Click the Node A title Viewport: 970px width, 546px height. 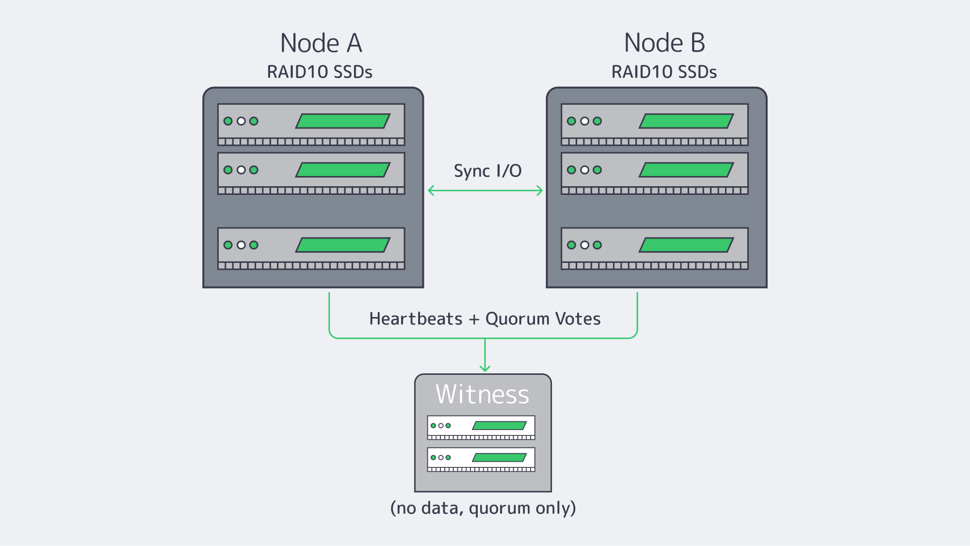(x=321, y=43)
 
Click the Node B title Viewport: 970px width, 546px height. (x=664, y=43)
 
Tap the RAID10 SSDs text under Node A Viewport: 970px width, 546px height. (x=320, y=72)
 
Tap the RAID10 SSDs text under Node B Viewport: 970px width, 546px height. (x=664, y=72)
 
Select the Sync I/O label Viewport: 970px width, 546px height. (x=487, y=171)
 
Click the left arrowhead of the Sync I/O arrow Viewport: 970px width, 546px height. (x=430, y=191)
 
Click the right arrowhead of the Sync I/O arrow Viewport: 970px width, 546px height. (x=540, y=191)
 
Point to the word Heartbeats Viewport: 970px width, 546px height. (x=416, y=319)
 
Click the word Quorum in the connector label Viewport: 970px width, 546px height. (x=517, y=319)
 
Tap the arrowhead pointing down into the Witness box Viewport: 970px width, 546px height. (x=485, y=369)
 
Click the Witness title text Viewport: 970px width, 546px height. (x=482, y=394)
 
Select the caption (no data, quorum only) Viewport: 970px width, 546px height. (x=483, y=508)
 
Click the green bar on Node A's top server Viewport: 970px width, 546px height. (x=343, y=121)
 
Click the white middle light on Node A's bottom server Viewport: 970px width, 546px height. (x=241, y=245)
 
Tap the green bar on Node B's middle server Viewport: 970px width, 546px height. (x=686, y=170)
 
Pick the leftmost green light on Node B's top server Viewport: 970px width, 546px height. (x=571, y=121)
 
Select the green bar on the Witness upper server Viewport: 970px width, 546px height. (x=500, y=426)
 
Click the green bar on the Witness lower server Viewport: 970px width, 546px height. (x=500, y=457)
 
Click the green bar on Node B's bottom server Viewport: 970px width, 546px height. (x=686, y=245)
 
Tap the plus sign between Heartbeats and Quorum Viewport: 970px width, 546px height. (x=474, y=319)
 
